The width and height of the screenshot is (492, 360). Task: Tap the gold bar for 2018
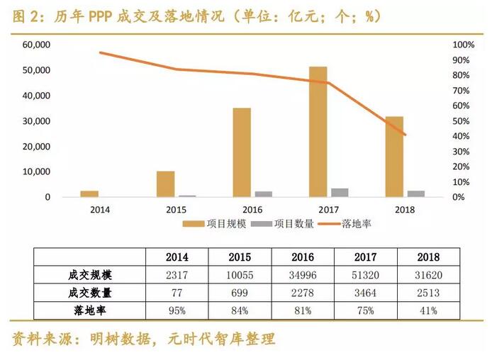click(394, 157)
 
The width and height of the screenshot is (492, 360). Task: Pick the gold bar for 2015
click(165, 184)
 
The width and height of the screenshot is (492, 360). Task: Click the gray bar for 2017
click(340, 192)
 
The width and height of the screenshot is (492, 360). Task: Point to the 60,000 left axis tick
click(36, 45)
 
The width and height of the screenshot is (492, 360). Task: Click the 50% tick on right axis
click(462, 121)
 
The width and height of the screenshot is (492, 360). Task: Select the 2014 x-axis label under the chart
click(101, 210)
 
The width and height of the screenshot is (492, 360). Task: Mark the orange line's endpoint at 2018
click(406, 135)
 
